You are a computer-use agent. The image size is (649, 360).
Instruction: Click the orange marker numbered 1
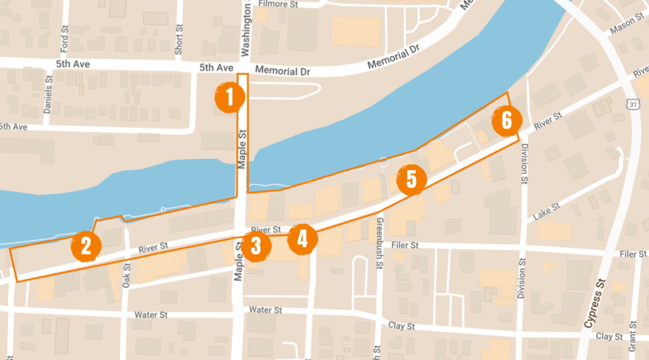230,98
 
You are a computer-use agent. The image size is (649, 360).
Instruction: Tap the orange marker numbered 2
86,246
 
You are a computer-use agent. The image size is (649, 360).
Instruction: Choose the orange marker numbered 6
507,120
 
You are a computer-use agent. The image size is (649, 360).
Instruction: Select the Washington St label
246,30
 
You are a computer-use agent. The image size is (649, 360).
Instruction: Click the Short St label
179,40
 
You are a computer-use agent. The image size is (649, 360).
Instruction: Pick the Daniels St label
48,94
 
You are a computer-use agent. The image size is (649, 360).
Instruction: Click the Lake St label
547,211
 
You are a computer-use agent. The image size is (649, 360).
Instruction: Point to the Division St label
524,163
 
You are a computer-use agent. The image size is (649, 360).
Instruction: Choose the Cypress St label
595,304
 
